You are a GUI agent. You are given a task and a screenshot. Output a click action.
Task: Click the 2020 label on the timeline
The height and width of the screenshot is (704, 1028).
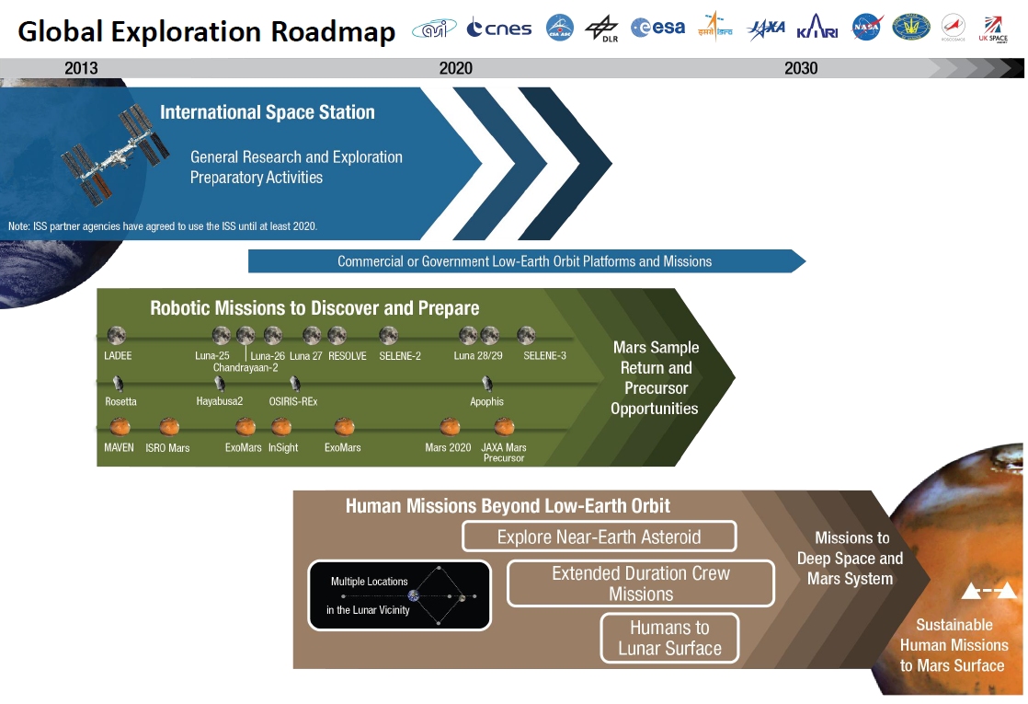click(x=455, y=68)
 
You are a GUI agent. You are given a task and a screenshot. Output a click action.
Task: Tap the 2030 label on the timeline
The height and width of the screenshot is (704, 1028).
click(x=800, y=68)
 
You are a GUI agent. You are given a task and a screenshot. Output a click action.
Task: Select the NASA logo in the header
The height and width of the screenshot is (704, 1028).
click(x=866, y=27)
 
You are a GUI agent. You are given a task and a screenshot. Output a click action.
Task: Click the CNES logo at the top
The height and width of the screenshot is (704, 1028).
click(x=499, y=29)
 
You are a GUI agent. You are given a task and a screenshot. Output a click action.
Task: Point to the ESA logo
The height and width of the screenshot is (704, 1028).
click(x=657, y=28)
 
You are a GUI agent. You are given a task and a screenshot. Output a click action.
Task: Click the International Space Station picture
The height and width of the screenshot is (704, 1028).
click(x=116, y=152)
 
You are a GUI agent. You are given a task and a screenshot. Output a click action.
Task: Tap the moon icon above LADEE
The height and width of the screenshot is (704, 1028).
click(x=116, y=335)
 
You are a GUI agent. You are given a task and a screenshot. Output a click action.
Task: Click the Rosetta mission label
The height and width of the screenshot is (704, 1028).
click(x=120, y=401)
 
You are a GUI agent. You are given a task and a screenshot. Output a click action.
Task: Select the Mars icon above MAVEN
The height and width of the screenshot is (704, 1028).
click(x=119, y=426)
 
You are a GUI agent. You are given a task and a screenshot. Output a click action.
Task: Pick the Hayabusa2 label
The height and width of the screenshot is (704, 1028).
click(x=219, y=401)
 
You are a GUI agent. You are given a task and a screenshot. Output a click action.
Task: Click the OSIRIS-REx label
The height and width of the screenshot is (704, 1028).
click(x=293, y=401)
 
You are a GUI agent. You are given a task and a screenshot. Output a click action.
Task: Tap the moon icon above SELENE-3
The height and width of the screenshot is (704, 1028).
click(x=526, y=335)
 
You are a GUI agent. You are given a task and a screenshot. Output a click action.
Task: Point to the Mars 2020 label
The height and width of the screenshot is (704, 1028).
click(x=449, y=447)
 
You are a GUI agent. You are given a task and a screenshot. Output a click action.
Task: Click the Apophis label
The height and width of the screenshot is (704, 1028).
click(x=486, y=401)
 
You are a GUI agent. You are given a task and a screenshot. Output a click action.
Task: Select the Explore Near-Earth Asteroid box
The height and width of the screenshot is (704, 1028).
click(x=599, y=537)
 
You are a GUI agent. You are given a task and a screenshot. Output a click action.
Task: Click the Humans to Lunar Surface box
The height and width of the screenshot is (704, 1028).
click(x=669, y=638)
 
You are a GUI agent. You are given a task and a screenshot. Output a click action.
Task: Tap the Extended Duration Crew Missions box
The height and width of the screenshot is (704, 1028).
click(x=641, y=583)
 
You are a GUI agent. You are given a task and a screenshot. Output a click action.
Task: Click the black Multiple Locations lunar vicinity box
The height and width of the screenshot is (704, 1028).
click(x=399, y=595)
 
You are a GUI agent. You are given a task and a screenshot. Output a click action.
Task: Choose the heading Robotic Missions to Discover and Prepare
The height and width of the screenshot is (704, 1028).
click(x=314, y=308)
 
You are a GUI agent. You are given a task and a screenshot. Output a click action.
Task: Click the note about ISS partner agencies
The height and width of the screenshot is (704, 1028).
click(x=163, y=226)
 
